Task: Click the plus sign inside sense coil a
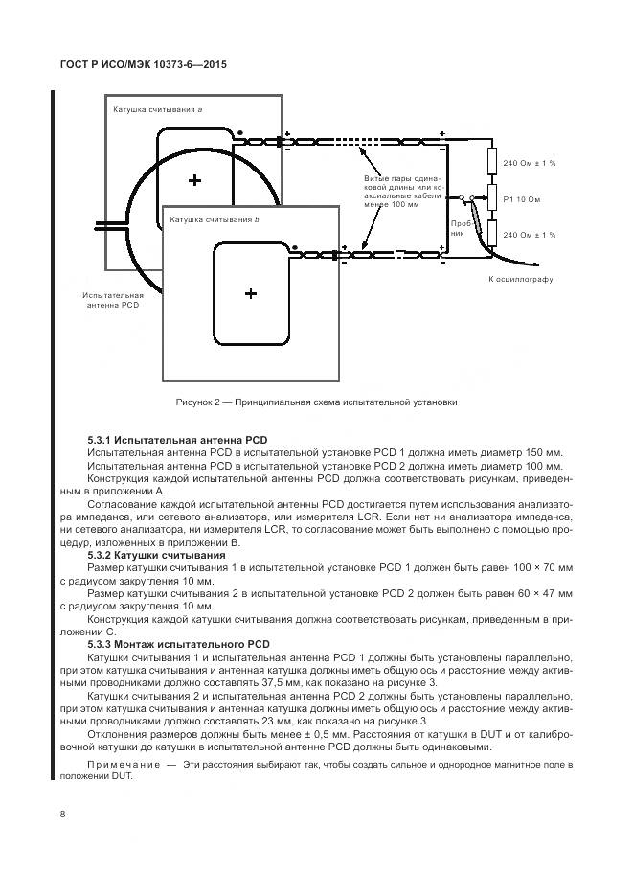coord(195,179)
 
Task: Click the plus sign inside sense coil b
coord(251,293)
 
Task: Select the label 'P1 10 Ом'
coord(522,199)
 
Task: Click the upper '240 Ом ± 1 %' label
coord(530,164)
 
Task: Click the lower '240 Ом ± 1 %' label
coord(530,235)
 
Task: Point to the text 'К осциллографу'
coord(521,279)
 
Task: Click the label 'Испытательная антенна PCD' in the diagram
coord(113,300)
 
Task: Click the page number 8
coord(62,815)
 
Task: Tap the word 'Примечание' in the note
coord(120,765)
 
